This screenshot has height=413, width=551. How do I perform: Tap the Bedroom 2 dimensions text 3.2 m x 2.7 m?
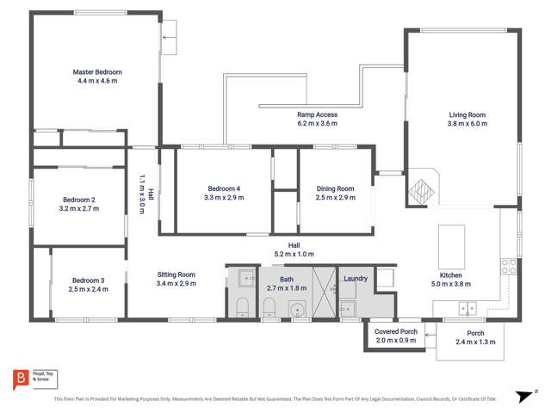click(77, 208)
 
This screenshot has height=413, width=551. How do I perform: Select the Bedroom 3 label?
click(88, 280)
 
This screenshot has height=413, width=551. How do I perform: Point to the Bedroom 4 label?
click(224, 188)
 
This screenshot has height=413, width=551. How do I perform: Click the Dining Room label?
click(335, 188)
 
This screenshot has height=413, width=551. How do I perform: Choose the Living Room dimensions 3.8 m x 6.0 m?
click(467, 124)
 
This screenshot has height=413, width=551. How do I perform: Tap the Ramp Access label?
click(317, 114)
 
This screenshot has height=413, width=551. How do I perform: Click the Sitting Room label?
click(176, 274)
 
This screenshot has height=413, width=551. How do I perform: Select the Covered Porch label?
click(396, 331)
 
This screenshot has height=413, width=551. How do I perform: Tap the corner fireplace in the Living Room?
click(422, 188)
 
